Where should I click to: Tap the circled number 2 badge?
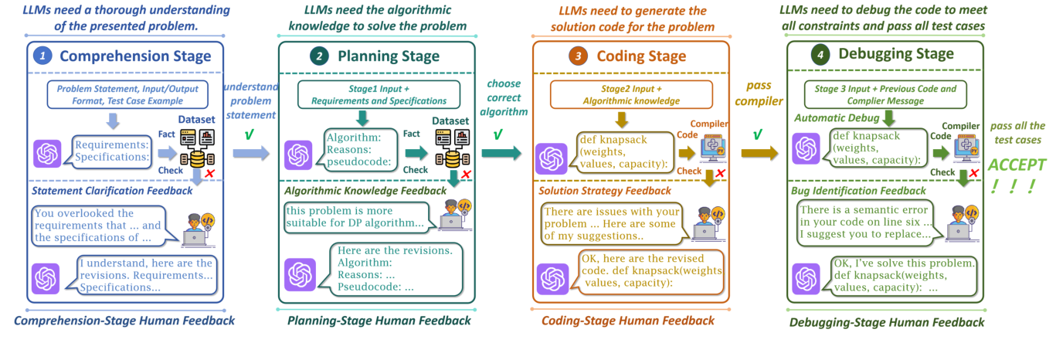[x=318, y=56]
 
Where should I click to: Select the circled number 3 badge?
[x=576, y=56]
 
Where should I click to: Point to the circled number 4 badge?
[x=820, y=55]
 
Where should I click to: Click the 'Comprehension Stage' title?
[x=135, y=56]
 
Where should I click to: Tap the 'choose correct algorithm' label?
[x=504, y=97]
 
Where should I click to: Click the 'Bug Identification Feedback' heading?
[x=857, y=190]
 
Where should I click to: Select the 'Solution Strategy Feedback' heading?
[x=603, y=190]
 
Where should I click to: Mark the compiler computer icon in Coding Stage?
[x=711, y=147]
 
